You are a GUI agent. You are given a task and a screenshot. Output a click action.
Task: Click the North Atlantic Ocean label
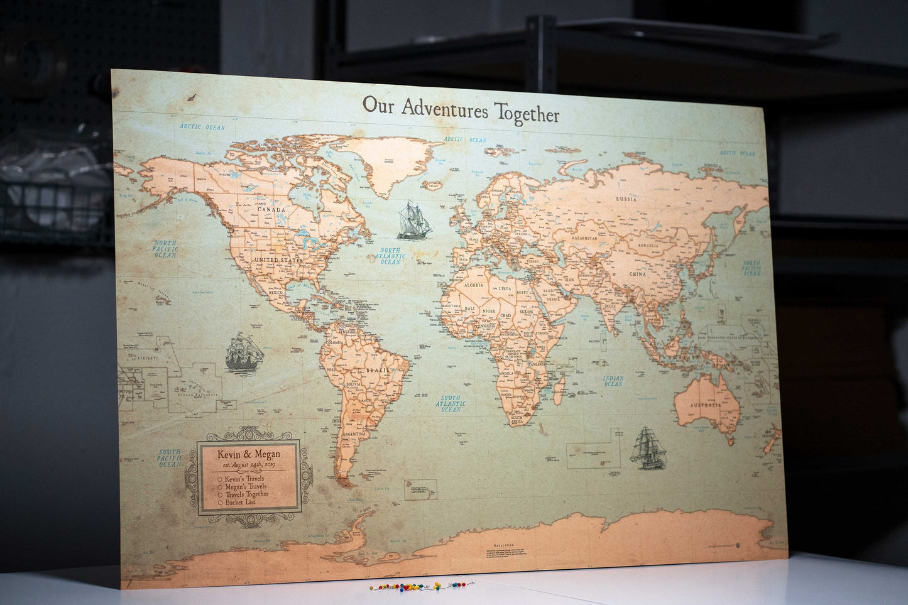tap(390, 256)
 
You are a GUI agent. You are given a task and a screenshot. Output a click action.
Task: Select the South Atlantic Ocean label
tap(450, 403)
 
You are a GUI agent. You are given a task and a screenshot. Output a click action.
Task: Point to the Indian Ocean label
tap(613, 380)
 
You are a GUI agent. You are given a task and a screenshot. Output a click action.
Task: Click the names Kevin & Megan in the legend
tap(248, 454)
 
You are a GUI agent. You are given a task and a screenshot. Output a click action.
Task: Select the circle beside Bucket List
tap(219, 502)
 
